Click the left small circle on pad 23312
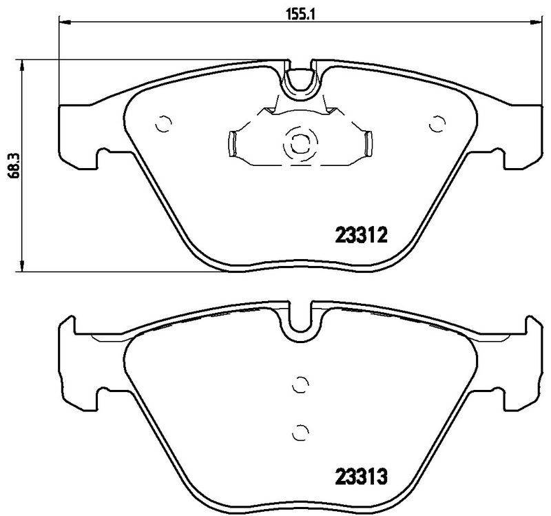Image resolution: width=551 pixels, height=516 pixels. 163,124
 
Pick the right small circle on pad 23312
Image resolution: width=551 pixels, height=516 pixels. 435,124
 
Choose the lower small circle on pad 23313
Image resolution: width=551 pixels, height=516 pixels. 299,432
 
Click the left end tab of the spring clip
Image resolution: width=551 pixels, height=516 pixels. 232,143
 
